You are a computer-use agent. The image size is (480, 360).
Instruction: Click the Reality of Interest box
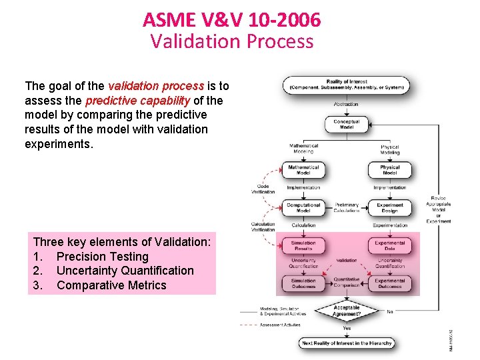point(347,85)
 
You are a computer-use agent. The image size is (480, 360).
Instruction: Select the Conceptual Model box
point(347,124)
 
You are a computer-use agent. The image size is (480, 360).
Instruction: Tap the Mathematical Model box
point(303,169)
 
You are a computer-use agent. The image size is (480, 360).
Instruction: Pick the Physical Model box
point(390,169)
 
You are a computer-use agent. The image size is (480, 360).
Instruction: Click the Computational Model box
point(303,207)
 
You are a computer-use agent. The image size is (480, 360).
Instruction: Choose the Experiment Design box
point(390,207)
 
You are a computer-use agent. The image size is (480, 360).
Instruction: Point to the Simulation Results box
point(303,246)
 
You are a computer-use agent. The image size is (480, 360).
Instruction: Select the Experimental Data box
point(390,246)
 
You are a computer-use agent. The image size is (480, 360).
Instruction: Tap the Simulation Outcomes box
point(303,283)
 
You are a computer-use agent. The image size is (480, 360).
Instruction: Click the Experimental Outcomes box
point(390,283)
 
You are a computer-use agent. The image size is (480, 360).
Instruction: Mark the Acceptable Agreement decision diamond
point(347,311)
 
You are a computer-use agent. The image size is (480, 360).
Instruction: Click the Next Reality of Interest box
point(347,343)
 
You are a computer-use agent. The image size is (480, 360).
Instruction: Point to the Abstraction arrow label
point(346,104)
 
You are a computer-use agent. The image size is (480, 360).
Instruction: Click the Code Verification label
point(263,189)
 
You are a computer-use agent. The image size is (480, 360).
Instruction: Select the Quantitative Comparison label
point(347,283)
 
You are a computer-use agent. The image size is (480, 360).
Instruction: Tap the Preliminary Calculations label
point(347,207)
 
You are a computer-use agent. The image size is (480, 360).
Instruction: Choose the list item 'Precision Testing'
point(103,257)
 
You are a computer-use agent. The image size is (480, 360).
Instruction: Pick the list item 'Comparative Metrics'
point(111,285)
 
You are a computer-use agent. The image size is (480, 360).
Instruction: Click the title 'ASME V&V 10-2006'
point(231,20)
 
